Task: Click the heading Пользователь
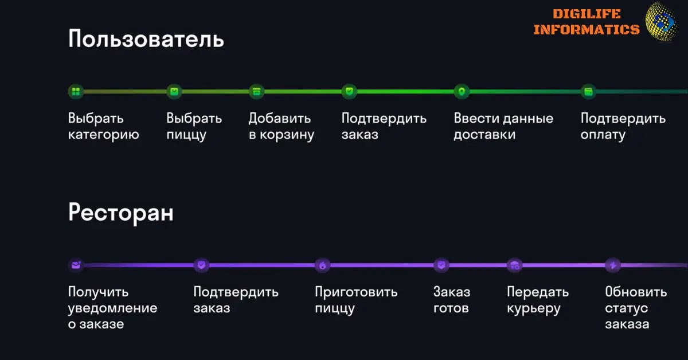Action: click(x=146, y=40)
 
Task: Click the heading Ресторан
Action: click(x=120, y=213)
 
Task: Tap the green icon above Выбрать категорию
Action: click(x=76, y=91)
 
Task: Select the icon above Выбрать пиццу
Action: click(x=174, y=91)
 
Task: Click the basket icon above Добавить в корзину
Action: click(x=256, y=91)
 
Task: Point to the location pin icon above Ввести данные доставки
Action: click(x=462, y=91)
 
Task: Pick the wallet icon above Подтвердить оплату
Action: click(x=588, y=91)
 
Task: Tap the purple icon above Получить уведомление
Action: click(x=76, y=265)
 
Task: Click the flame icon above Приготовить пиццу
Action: click(x=323, y=265)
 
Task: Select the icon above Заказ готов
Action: click(x=441, y=265)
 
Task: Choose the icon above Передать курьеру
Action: click(x=515, y=265)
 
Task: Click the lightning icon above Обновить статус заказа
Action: click(x=613, y=265)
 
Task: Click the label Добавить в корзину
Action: click(x=281, y=127)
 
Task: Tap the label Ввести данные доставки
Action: click(x=503, y=127)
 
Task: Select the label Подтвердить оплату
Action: click(x=623, y=127)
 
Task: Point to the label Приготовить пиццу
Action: click(x=355, y=300)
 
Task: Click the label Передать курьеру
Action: click(x=537, y=300)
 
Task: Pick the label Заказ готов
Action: click(x=451, y=300)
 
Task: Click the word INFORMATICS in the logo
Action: click(x=586, y=29)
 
